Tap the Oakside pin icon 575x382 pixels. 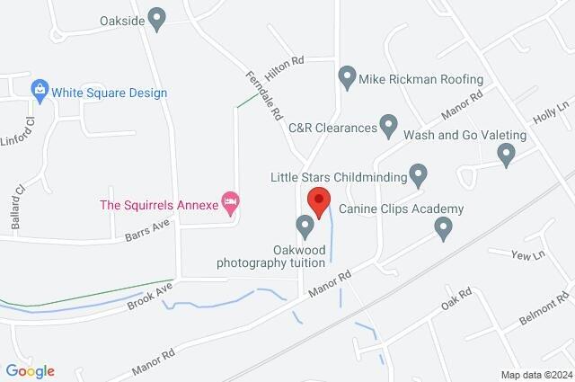coord(158,18)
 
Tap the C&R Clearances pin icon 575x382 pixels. coord(388,123)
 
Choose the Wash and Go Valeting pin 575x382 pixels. coord(506,155)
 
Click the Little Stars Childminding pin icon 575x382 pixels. coord(418,173)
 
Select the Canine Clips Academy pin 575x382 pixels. coord(442,230)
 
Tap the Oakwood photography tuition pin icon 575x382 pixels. coord(305,224)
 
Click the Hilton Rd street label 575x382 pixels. coord(286,60)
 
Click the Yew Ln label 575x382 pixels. coord(528,256)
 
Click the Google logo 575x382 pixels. coord(30,370)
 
